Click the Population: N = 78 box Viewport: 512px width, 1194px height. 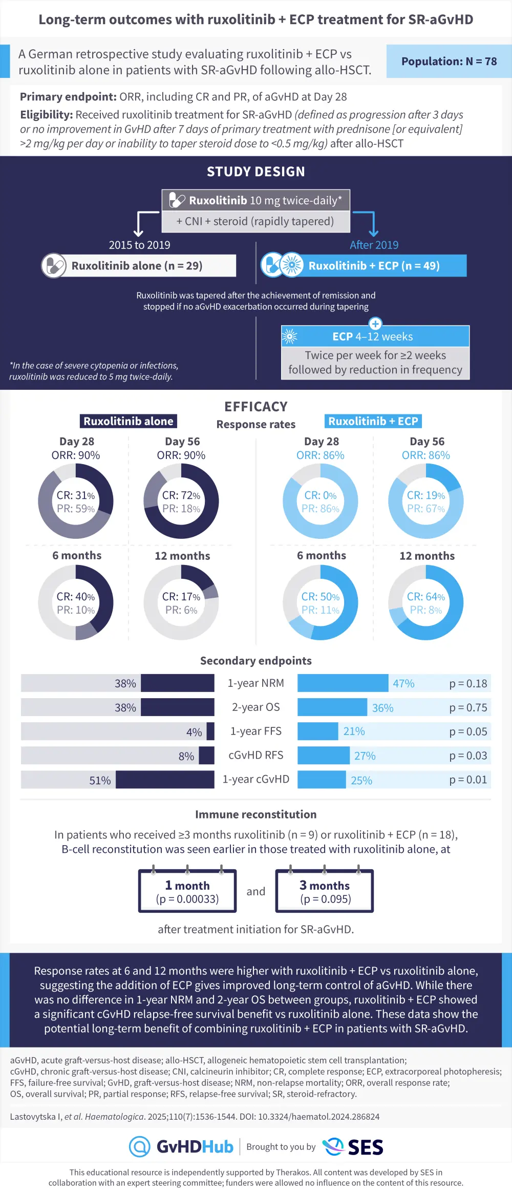449,61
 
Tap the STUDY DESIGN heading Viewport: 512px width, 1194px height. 256,172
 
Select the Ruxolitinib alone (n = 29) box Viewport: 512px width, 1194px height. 138,266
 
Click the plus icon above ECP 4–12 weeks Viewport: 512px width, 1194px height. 375,324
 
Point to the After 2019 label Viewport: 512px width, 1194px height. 374,245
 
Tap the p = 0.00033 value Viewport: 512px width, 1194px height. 187,899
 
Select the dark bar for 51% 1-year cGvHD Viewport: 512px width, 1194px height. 165,780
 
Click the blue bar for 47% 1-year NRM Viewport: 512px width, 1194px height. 343,683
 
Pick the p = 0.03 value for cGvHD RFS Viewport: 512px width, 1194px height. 468,756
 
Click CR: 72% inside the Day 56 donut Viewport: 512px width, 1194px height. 181,495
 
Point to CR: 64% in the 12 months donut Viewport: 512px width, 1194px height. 425,597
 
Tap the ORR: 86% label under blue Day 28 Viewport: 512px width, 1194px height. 321,455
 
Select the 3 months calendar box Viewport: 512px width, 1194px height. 325,891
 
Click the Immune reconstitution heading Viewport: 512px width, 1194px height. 256,814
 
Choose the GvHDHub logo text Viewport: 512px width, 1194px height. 195,1146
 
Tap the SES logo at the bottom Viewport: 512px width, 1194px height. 353,1146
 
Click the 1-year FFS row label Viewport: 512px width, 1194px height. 256,731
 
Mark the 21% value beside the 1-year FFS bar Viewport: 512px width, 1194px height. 354,731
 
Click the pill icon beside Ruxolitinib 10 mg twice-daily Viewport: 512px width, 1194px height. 177,200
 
